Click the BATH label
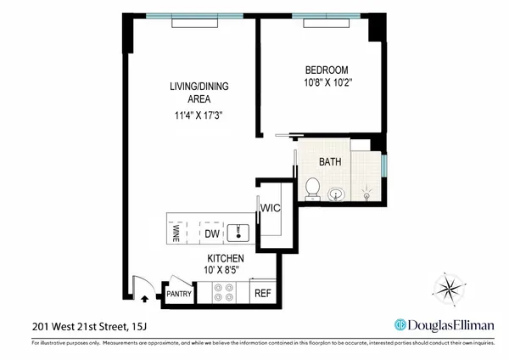coord(330,161)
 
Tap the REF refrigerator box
coord(263,294)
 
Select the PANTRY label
coord(179,295)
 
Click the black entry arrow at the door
coord(143,298)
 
